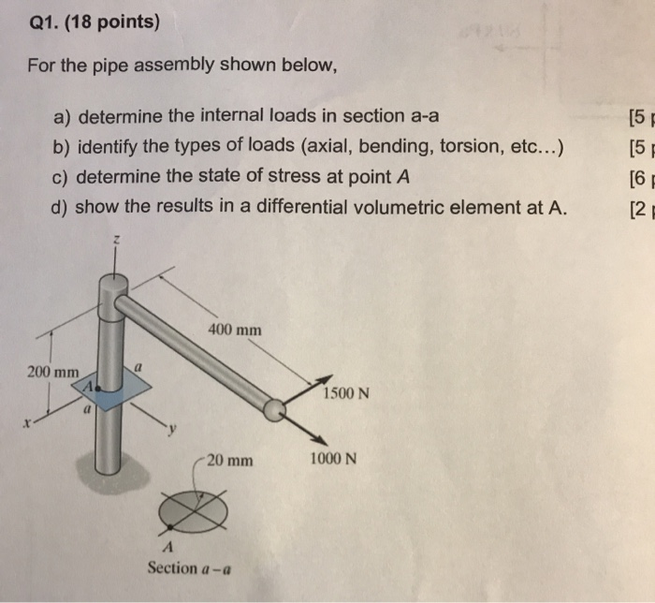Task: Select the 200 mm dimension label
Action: click(x=52, y=372)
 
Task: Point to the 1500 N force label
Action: click(x=346, y=392)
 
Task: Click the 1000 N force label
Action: click(x=332, y=460)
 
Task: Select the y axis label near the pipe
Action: click(x=170, y=430)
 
